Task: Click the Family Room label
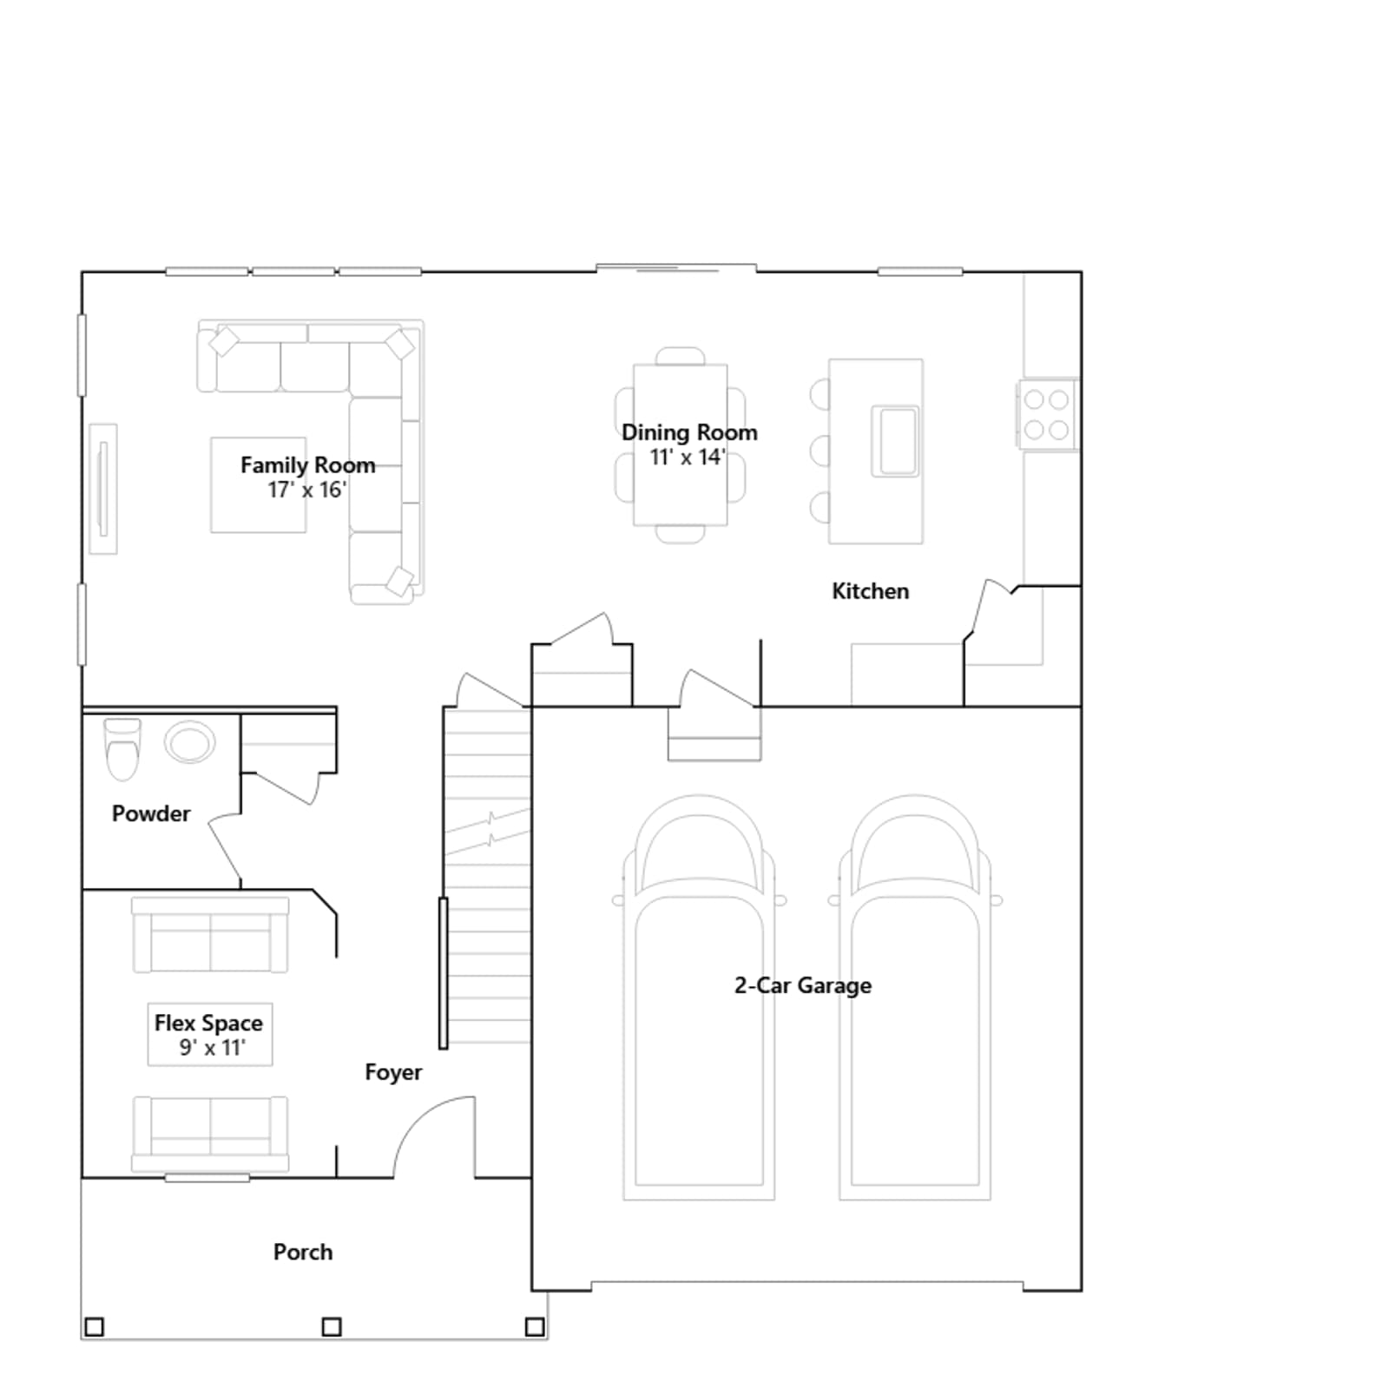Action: click(308, 465)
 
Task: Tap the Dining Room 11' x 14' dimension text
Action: click(688, 458)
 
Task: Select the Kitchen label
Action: click(871, 591)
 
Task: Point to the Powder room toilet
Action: click(122, 749)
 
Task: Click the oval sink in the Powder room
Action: click(190, 743)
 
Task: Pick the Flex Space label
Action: click(208, 1024)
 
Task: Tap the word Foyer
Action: click(393, 1073)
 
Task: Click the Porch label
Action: click(303, 1252)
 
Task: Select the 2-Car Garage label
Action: click(803, 985)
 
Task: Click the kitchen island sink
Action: click(895, 441)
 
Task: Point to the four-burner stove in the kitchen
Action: click(1047, 414)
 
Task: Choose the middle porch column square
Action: click(332, 1326)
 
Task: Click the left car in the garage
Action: click(699, 997)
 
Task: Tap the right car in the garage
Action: click(915, 997)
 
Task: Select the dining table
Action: click(681, 445)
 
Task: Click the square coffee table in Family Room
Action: click(259, 484)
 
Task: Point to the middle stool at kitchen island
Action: click(820, 451)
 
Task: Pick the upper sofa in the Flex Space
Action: click(210, 935)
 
